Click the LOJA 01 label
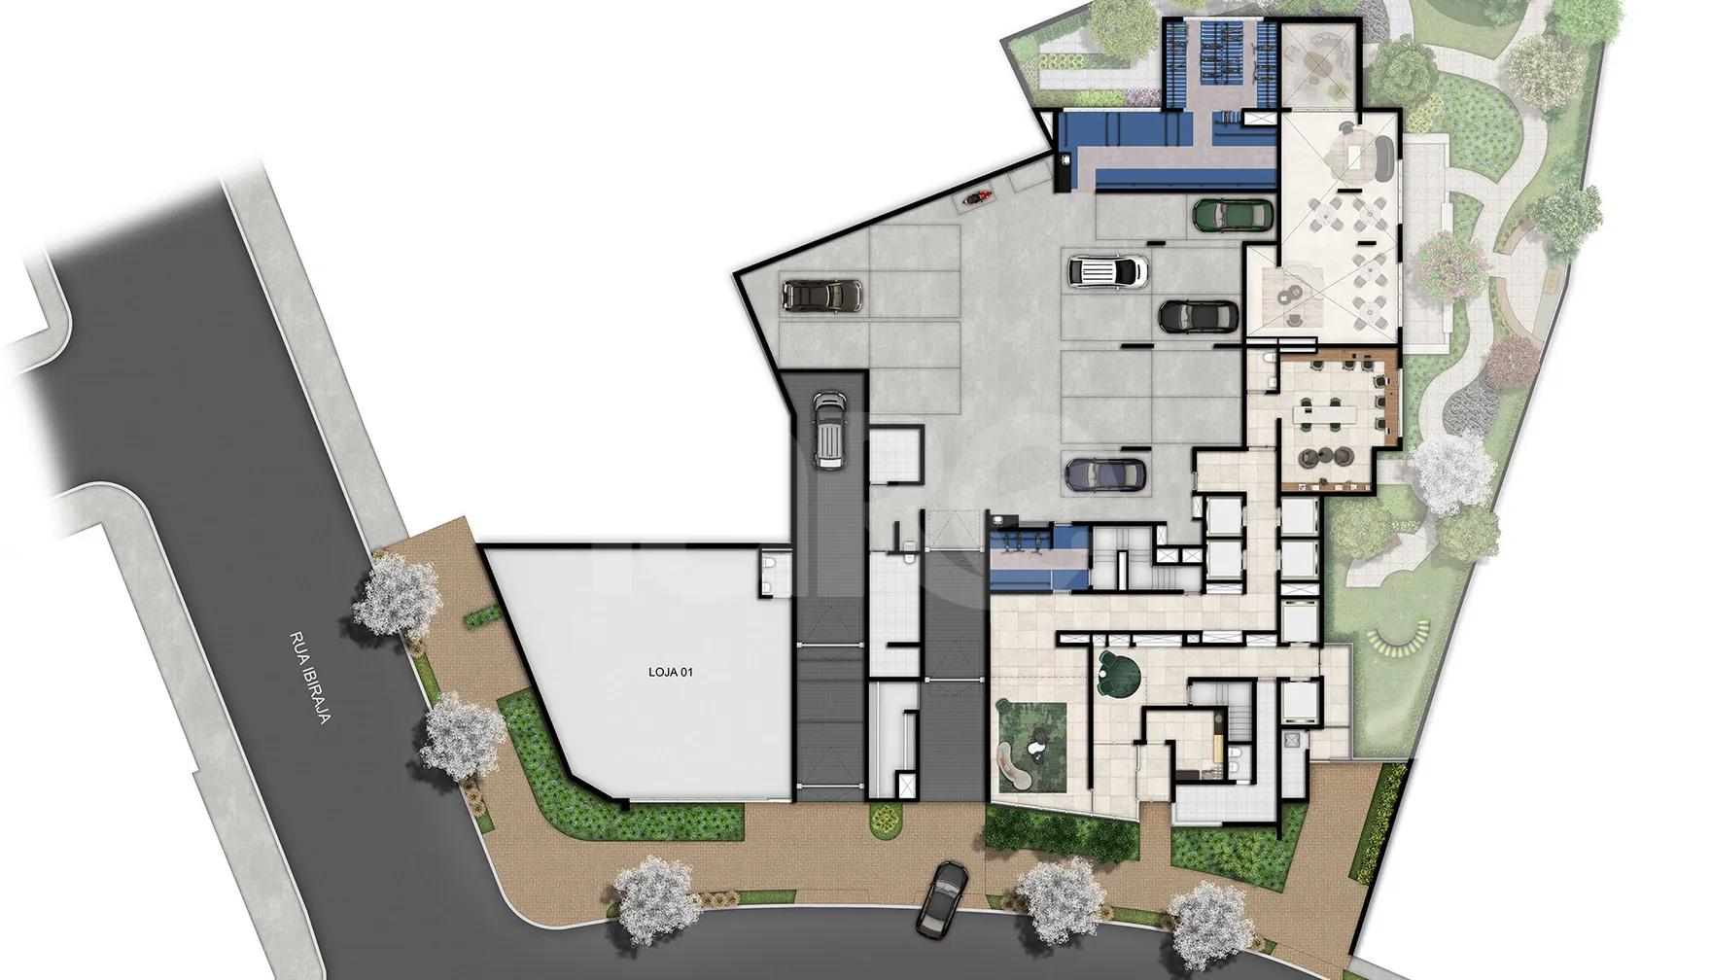coord(671,672)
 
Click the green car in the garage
coord(1233,215)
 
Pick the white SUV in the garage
coord(1107,271)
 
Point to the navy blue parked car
coord(1105,474)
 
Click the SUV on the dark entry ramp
coord(828,430)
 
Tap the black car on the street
coord(943,898)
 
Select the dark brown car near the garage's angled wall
coord(821,296)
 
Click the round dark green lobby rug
coord(1119,674)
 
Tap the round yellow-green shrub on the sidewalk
coord(885,820)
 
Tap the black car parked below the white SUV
coord(1199,316)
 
